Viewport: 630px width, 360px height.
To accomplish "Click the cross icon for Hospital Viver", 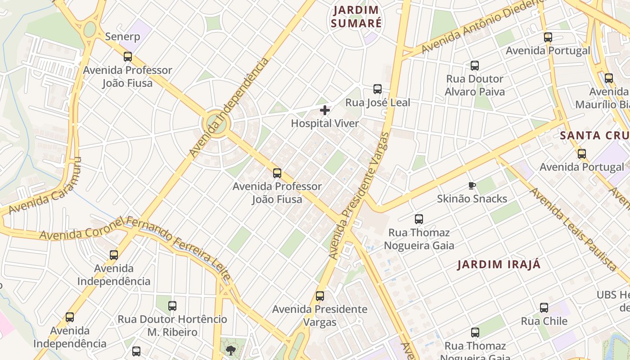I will point(325,110).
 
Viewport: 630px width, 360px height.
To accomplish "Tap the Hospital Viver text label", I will point(325,123).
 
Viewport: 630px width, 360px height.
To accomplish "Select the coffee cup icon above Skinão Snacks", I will point(472,185).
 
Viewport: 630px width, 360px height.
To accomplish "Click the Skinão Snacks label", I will point(472,198).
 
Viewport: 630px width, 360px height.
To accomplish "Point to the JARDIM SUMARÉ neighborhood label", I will point(356,17).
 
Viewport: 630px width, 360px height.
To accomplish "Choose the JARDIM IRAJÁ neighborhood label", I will point(499,264).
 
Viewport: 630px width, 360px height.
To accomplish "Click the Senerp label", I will point(122,36).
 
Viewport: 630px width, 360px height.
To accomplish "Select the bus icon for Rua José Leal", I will point(378,89).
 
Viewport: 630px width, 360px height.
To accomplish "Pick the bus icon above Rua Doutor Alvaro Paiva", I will point(475,66).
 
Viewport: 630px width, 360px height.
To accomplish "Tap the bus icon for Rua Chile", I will point(544,308).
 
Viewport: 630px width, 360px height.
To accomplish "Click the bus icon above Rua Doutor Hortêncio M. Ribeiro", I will point(172,306).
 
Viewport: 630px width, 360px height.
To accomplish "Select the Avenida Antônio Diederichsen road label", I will point(481,27).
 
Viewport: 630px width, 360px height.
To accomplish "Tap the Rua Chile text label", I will point(544,321).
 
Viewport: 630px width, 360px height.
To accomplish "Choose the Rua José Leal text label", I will point(378,103).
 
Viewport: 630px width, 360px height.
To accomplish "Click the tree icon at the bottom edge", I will point(231,351).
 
